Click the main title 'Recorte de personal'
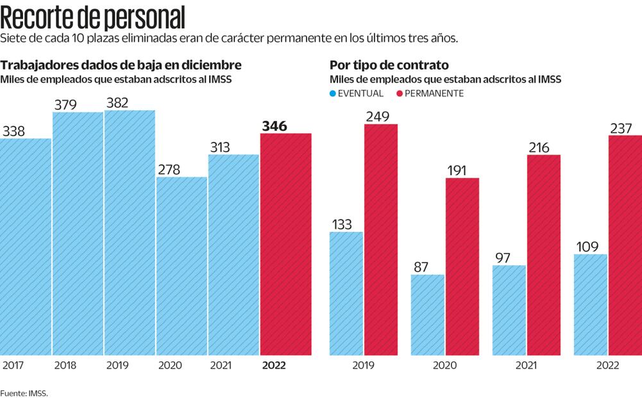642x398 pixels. [93, 17]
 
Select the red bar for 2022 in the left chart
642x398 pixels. [285, 244]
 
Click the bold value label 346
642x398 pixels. [274, 126]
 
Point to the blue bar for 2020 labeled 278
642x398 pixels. [182, 266]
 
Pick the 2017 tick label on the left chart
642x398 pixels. [13, 365]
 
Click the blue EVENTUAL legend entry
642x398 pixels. [357, 94]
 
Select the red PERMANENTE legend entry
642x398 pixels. [429, 94]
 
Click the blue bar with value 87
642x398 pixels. [428, 315]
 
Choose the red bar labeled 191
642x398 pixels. [462, 266]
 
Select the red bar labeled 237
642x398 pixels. [625, 245]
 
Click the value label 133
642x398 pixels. [342, 225]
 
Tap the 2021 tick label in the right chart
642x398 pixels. [526, 365]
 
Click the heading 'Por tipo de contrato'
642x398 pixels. [389, 65]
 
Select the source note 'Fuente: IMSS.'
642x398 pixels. [24, 393]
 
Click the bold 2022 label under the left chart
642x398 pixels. [274, 365]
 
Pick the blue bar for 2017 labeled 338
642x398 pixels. [26, 247]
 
